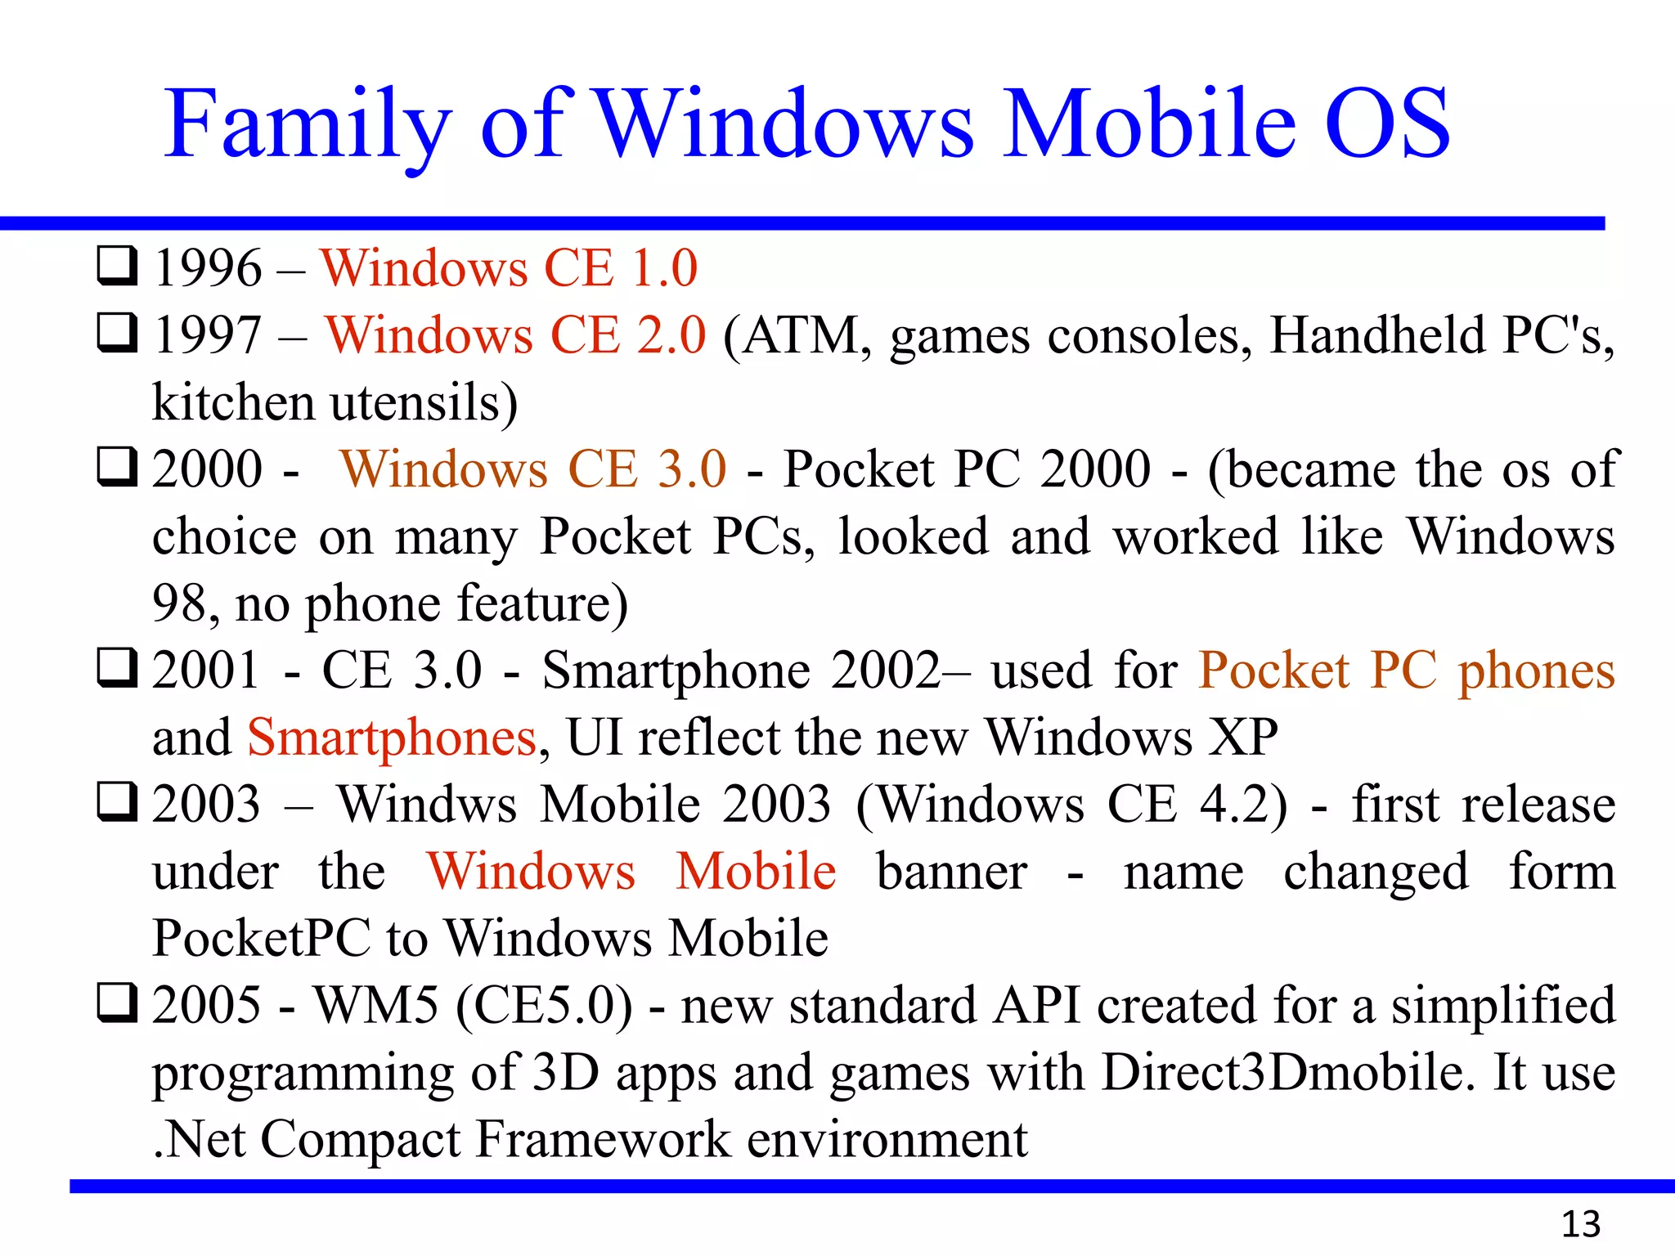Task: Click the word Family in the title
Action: (307, 124)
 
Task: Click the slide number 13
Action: (1580, 1224)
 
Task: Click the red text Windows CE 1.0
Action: (509, 268)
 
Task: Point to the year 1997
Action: (208, 335)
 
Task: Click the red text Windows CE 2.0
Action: (515, 335)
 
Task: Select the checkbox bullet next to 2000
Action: (117, 467)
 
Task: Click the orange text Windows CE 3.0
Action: (533, 469)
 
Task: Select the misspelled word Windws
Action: (428, 805)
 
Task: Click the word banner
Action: (952, 872)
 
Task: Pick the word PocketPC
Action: (262, 939)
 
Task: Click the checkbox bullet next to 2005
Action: (117, 1003)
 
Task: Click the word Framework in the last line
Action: (603, 1139)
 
